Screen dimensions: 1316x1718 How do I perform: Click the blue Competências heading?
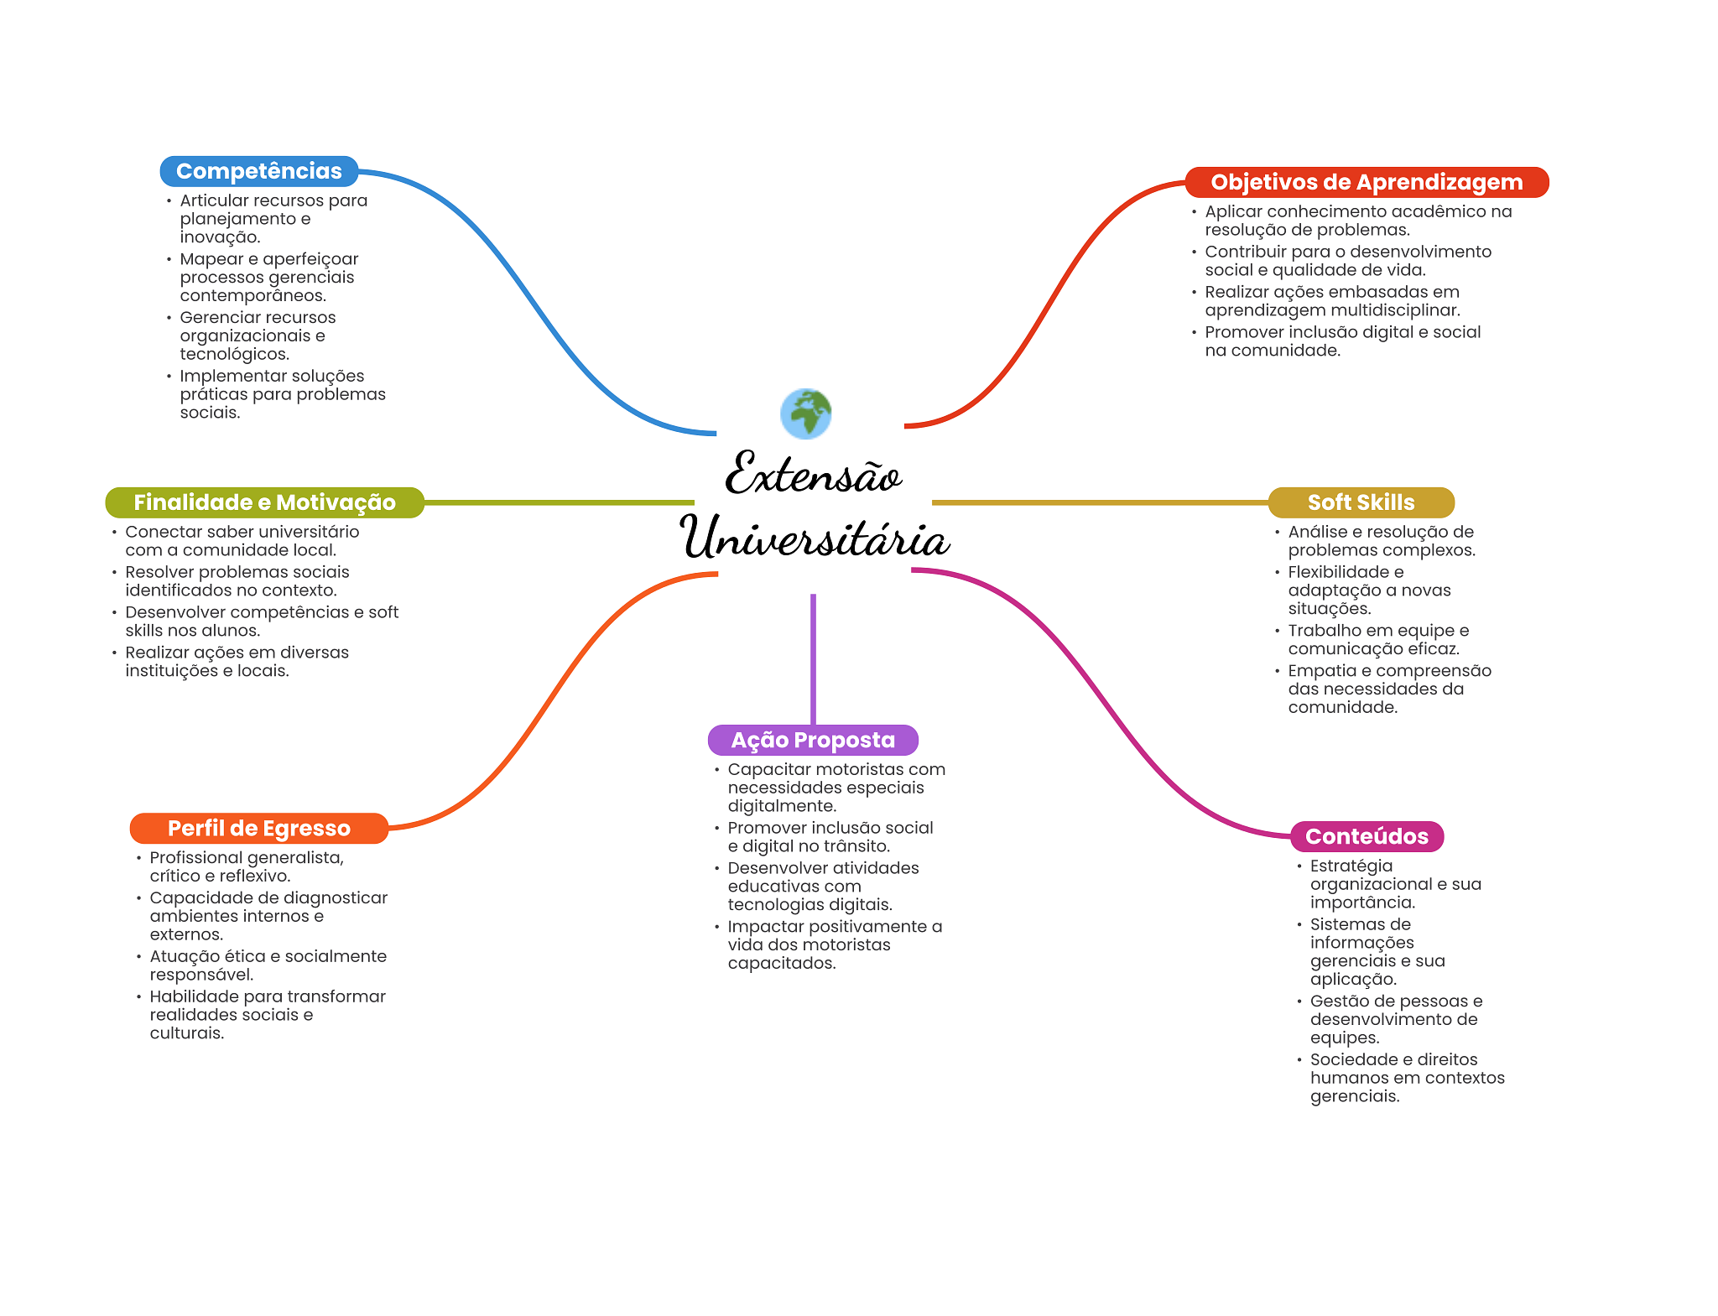(x=258, y=171)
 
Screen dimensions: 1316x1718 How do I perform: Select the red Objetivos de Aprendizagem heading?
(x=1366, y=182)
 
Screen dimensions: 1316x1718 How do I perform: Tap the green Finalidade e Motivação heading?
(x=264, y=502)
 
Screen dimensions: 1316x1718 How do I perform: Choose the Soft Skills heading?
(x=1360, y=502)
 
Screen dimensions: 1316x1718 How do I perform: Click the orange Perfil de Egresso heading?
(x=258, y=828)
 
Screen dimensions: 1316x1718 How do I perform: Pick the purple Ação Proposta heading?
(x=812, y=740)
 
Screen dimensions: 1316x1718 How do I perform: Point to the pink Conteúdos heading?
(x=1366, y=836)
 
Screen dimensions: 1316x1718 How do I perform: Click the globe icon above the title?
(x=805, y=414)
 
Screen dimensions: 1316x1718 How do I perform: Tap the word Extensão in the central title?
(x=812, y=474)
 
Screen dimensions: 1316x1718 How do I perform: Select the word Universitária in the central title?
(x=814, y=538)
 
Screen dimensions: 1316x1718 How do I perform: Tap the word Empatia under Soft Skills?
(x=1315, y=670)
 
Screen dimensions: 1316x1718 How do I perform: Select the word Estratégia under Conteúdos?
(x=1351, y=866)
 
